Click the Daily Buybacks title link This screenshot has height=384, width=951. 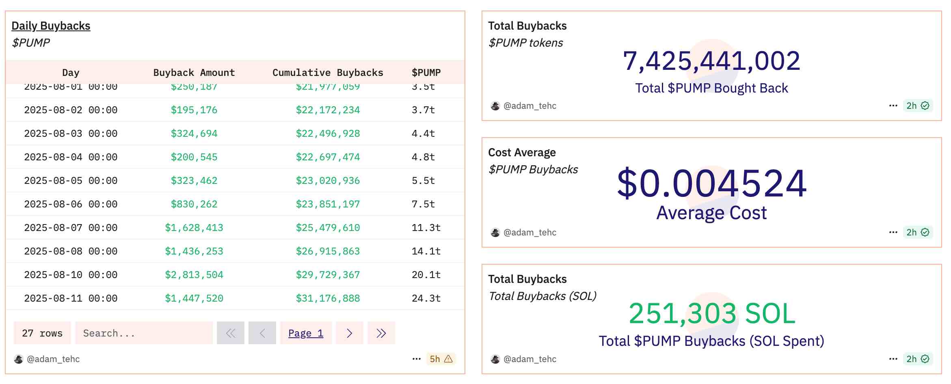[x=51, y=26]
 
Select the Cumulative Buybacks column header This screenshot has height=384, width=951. [x=328, y=73]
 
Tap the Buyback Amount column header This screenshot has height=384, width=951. [x=194, y=73]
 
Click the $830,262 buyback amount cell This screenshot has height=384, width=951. [x=194, y=204]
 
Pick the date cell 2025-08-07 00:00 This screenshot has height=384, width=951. [x=71, y=228]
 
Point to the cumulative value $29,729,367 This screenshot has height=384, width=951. [x=328, y=275]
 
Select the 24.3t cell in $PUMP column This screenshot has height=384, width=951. [x=426, y=298]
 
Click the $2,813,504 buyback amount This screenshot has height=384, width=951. [x=194, y=275]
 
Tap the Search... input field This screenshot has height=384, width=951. [x=144, y=333]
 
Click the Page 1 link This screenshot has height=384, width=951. [x=306, y=333]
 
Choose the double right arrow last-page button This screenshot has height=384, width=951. [x=381, y=333]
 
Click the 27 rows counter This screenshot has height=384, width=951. [x=42, y=333]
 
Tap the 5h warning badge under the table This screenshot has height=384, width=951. [x=441, y=359]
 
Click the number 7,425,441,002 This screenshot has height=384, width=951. [x=711, y=61]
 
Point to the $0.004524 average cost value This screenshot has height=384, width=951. [x=711, y=183]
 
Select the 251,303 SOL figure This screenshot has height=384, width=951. [x=711, y=313]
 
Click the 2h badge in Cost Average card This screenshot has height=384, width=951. [x=917, y=232]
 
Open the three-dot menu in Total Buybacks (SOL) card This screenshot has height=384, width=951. [x=893, y=359]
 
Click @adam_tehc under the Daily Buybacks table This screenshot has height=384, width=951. [x=53, y=359]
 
